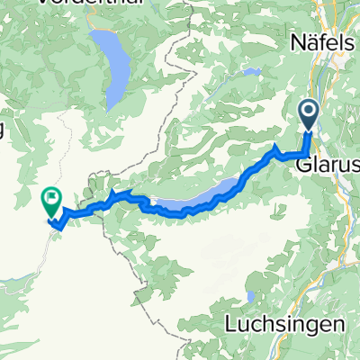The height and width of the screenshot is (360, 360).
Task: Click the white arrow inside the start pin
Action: coord(309,113)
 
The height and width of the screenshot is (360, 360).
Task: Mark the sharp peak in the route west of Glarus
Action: coord(275,144)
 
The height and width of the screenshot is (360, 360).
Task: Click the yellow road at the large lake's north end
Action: coord(97,33)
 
